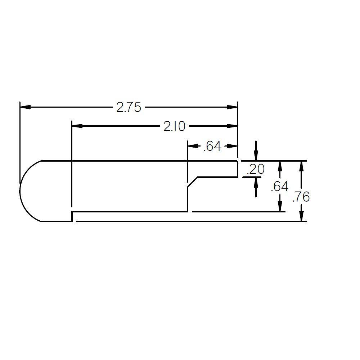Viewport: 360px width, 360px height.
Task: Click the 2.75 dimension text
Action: pos(129,107)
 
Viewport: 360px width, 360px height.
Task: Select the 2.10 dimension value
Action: pos(174,126)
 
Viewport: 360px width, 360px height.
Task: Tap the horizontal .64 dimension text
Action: pos(212,146)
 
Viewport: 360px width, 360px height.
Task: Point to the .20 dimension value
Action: pos(256,169)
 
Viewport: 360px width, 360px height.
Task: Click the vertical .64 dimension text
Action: pos(279,186)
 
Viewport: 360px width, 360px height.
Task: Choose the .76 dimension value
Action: pos(301,197)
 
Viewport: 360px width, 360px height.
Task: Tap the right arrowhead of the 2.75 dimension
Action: pos(233,107)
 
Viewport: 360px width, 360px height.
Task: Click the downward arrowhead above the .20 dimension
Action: pos(256,156)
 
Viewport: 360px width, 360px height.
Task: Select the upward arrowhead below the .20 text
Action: pos(256,182)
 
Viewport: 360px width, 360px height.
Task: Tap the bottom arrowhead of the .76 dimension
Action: pos(302,216)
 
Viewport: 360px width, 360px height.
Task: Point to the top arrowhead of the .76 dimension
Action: pos(302,166)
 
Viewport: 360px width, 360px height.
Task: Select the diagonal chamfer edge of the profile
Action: pos(193,182)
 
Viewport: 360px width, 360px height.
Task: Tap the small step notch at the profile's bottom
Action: pos(72,216)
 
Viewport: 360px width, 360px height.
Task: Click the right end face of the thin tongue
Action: pos(238,169)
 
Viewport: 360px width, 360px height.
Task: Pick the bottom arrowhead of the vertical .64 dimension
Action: pos(280,207)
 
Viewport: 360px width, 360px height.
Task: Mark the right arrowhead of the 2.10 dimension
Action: pos(233,126)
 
